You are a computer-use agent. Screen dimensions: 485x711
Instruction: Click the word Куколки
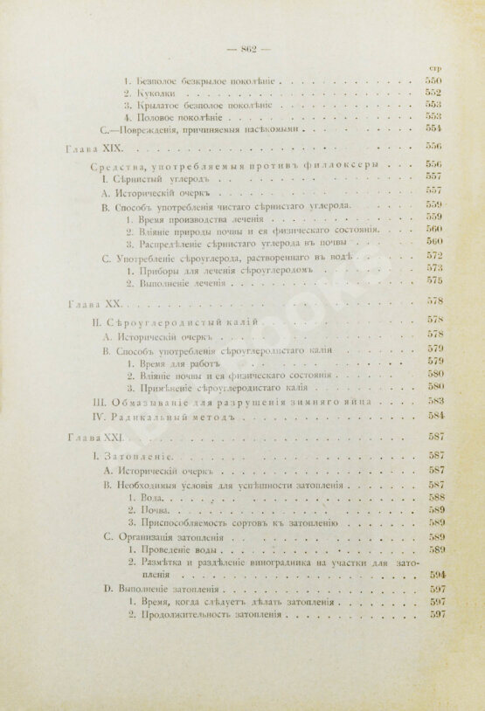coord(156,93)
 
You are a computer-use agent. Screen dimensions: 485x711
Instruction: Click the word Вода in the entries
coord(143,496)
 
